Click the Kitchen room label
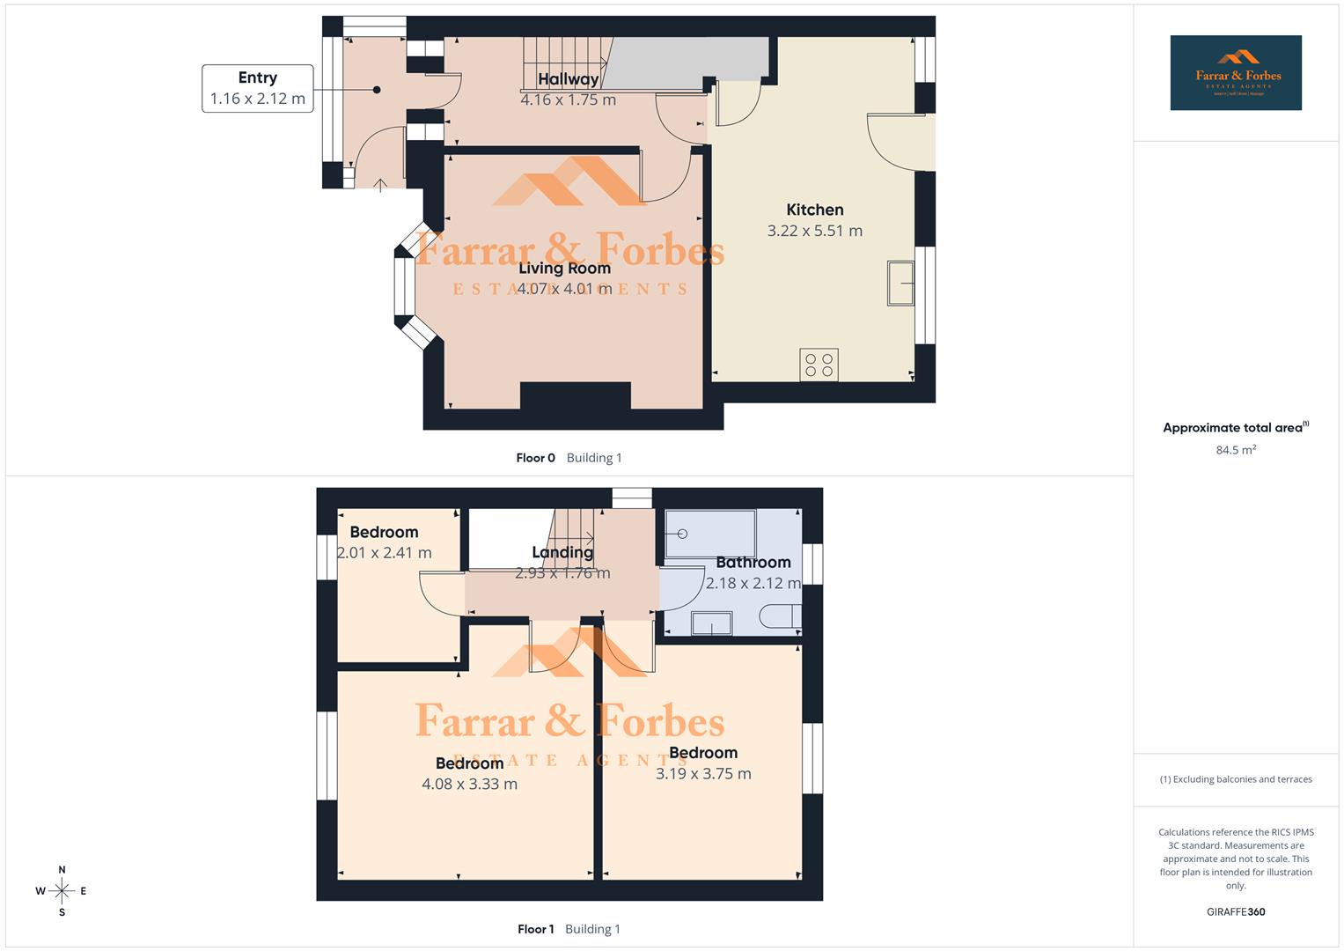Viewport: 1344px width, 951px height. [814, 210]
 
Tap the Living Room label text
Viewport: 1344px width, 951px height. [564, 269]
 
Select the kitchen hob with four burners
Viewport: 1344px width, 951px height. [819, 365]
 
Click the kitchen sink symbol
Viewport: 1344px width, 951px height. [900, 283]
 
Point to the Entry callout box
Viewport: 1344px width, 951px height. [257, 88]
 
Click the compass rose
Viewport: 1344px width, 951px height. [62, 891]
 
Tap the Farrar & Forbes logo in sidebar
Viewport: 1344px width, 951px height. [1236, 73]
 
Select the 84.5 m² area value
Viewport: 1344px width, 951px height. [1236, 450]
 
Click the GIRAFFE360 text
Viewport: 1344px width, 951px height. [1236, 911]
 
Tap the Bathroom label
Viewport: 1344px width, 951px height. [753, 562]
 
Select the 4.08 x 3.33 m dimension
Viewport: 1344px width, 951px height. [469, 784]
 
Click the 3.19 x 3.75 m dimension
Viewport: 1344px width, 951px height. [703, 773]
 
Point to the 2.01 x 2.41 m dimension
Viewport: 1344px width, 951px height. [385, 553]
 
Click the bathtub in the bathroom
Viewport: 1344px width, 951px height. [710, 534]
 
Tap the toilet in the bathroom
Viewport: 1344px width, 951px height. [780, 616]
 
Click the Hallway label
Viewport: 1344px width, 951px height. [568, 79]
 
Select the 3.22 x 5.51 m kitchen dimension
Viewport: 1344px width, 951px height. [814, 231]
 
